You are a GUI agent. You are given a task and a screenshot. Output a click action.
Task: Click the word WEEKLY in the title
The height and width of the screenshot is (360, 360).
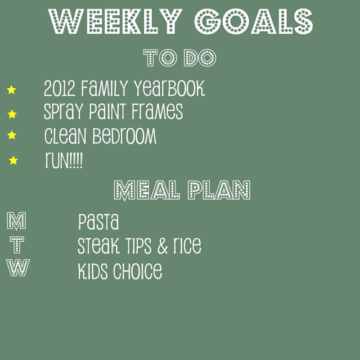pyautogui.click(x=115, y=21)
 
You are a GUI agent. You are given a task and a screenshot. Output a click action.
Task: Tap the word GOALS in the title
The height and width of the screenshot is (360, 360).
pyautogui.click(x=254, y=21)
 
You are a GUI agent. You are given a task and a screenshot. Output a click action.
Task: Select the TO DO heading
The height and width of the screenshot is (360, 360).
pyautogui.click(x=180, y=58)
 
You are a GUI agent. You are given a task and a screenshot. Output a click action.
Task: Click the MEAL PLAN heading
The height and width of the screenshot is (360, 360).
pyautogui.click(x=182, y=190)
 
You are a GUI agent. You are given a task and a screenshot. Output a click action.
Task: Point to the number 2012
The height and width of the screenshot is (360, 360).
pyautogui.click(x=60, y=88)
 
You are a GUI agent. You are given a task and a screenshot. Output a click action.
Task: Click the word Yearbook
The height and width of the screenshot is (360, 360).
pyautogui.click(x=169, y=88)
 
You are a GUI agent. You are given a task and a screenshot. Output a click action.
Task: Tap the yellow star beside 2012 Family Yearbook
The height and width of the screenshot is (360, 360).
pyautogui.click(x=11, y=90)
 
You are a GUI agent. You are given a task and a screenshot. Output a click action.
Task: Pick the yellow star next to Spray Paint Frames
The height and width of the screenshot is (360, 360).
pyautogui.click(x=12, y=114)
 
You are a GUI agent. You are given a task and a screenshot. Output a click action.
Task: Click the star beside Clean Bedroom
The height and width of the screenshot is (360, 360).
pyautogui.click(x=12, y=135)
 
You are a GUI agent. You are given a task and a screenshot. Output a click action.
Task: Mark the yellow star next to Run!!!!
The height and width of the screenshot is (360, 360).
pyautogui.click(x=13, y=160)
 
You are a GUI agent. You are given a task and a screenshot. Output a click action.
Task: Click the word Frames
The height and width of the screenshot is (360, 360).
pyautogui.click(x=157, y=111)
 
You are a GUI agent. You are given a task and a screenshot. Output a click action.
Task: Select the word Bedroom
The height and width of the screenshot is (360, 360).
pyautogui.click(x=124, y=136)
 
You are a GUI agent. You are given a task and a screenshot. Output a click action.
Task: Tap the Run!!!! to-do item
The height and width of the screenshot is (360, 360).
pyautogui.click(x=64, y=160)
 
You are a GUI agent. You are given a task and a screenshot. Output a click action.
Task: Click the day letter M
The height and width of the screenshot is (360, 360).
pyautogui.click(x=16, y=221)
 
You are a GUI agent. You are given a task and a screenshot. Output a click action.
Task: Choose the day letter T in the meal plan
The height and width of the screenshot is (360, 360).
pyautogui.click(x=17, y=245)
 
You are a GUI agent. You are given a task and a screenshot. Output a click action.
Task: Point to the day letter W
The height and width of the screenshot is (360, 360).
pyautogui.click(x=17, y=268)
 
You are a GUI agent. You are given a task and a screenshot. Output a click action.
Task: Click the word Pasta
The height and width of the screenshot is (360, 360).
pyautogui.click(x=98, y=222)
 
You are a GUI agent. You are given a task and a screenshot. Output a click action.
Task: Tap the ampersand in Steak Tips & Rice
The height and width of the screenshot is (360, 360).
pyautogui.click(x=163, y=246)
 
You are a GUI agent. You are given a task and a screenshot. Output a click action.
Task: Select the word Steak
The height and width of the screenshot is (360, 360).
pyautogui.click(x=98, y=246)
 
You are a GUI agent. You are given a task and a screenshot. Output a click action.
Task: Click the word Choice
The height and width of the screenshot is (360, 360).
pyautogui.click(x=137, y=271)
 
